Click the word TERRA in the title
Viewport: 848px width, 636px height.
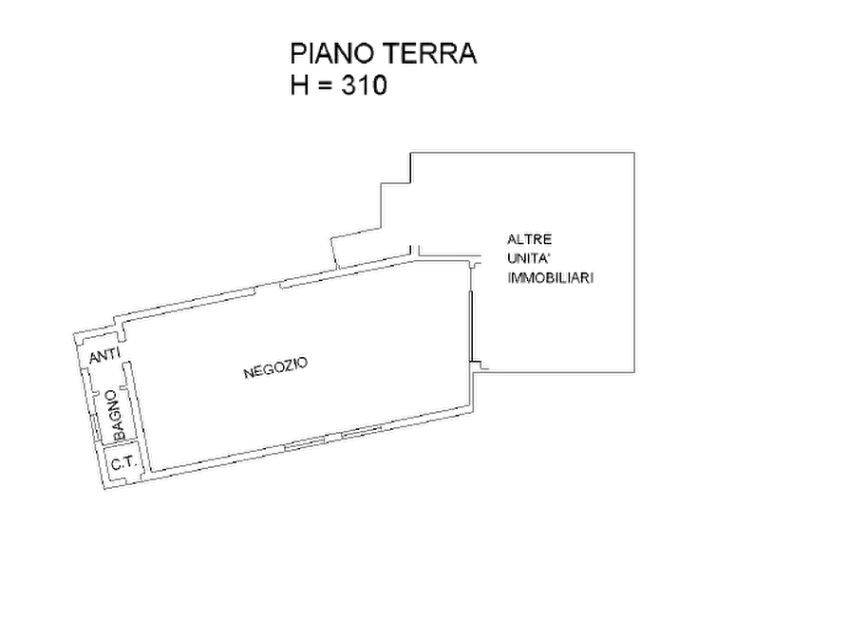tap(430, 53)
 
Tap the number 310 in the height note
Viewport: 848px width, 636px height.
tap(364, 85)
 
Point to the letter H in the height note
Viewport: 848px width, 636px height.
tap(299, 85)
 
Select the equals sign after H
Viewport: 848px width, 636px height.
tap(325, 86)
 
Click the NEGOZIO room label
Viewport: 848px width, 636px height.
tap(275, 367)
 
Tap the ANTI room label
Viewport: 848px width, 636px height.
tap(104, 356)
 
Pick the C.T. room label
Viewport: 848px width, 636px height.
tap(122, 463)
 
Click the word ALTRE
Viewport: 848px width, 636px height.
tap(530, 239)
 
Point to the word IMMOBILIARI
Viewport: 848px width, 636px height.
tap(551, 278)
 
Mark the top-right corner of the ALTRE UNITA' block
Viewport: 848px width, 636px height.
tap(634, 153)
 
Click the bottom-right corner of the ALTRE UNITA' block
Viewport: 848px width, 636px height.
tap(634, 372)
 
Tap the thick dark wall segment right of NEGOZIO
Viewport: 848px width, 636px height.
tap(472, 327)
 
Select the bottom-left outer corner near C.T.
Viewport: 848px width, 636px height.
tap(104, 490)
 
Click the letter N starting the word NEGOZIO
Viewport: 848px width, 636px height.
tap(248, 374)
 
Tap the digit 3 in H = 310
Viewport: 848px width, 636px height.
tap(349, 85)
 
